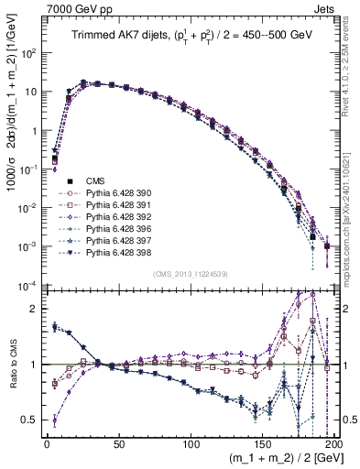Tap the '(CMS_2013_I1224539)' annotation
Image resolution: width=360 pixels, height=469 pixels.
click(190, 272)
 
